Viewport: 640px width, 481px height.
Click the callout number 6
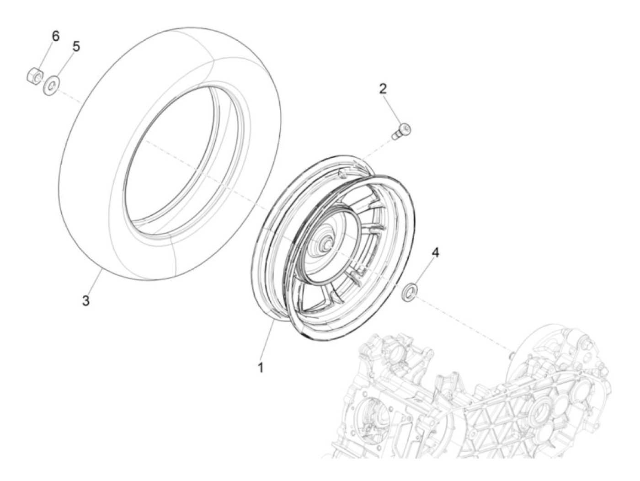tap(55, 36)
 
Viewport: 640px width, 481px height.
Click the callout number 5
tap(76, 46)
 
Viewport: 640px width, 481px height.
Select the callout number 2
tap(383, 89)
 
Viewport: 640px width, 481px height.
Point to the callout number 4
tap(435, 252)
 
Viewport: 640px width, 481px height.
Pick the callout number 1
tap(261, 367)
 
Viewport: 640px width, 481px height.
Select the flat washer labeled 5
tap(52, 85)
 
